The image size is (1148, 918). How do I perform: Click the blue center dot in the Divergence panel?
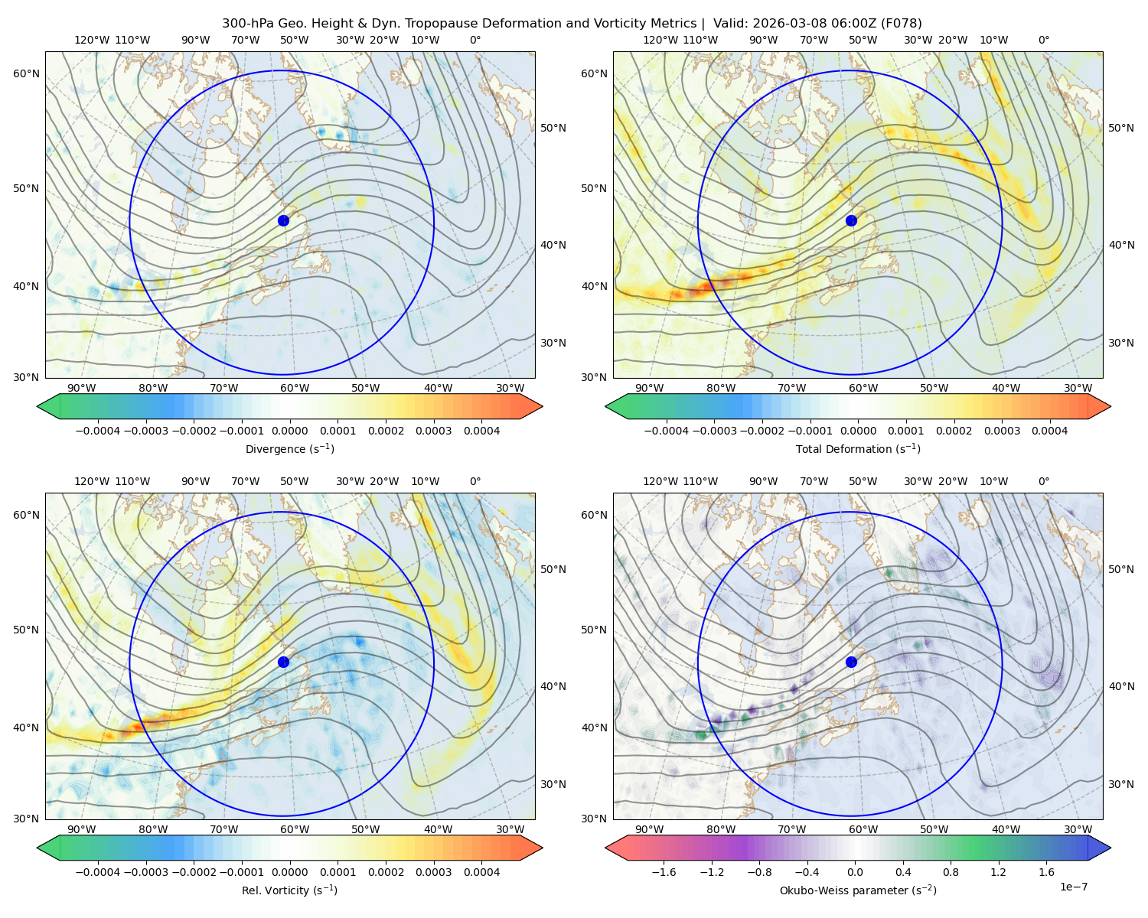click(x=283, y=221)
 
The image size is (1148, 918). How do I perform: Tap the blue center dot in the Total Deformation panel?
click(x=851, y=221)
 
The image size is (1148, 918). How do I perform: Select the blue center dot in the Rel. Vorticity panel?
click(x=283, y=662)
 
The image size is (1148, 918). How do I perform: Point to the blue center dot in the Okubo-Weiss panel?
click(x=851, y=662)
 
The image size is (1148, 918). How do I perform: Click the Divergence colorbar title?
click(x=289, y=449)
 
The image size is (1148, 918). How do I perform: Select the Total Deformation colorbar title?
click(x=858, y=449)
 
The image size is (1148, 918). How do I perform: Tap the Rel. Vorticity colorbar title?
click(x=289, y=890)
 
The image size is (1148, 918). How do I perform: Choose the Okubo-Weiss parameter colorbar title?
click(x=858, y=890)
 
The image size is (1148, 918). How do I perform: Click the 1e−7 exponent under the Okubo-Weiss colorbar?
click(x=1073, y=887)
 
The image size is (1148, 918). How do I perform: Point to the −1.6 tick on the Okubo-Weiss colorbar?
click(x=664, y=873)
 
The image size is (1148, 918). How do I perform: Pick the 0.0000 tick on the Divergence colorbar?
click(x=289, y=431)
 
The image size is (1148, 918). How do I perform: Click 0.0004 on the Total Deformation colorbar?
click(x=1049, y=431)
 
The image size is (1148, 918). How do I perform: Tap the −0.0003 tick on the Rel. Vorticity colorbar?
click(x=145, y=873)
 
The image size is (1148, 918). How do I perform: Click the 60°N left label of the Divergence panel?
click(x=26, y=73)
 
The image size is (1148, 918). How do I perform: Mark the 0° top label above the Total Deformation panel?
click(x=1044, y=40)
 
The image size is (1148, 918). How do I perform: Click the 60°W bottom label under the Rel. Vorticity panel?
click(x=295, y=829)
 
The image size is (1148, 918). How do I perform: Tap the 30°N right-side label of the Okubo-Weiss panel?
click(x=1121, y=784)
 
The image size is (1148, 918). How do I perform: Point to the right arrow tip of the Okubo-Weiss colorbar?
click(x=1110, y=848)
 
